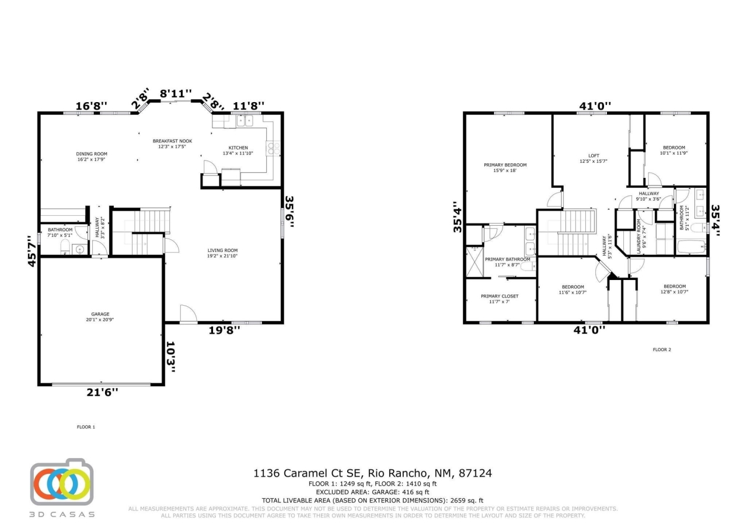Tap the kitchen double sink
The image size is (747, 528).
(x=245, y=121)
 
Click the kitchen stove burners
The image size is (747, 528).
(x=273, y=148)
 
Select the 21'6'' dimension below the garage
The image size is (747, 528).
(x=103, y=393)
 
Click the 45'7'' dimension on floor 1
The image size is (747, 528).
(x=33, y=250)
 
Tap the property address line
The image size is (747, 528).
(x=373, y=473)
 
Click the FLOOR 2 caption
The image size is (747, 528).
(x=662, y=349)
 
